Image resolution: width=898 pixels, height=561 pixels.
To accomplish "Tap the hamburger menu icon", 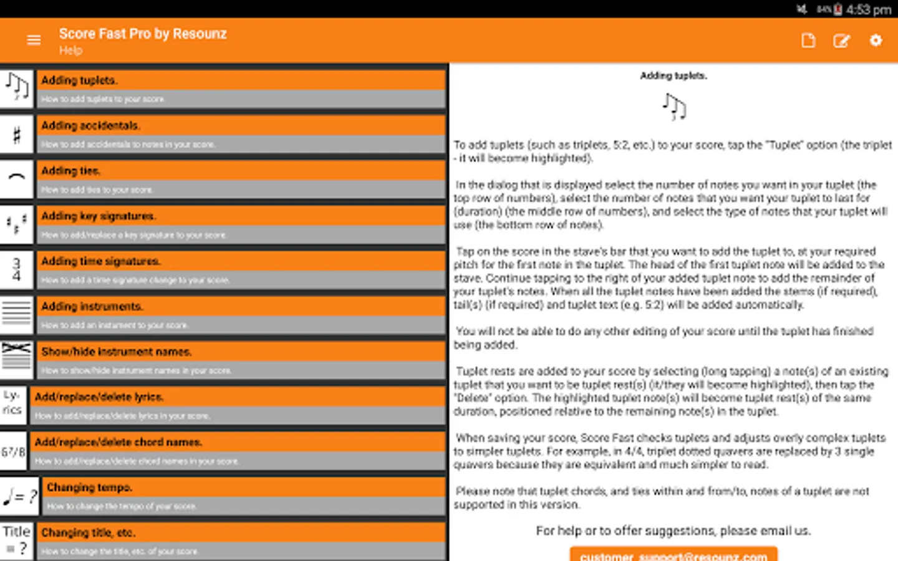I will coord(34,41).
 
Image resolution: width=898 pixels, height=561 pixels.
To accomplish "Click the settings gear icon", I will coord(876,41).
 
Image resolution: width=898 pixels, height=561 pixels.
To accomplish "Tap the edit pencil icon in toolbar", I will coord(841,41).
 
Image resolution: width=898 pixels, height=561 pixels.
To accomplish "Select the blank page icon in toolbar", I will coord(808,41).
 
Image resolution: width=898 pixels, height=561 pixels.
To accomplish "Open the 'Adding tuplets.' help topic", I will coord(79,80).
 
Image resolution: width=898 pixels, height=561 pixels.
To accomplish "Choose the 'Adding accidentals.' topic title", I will coord(90,126).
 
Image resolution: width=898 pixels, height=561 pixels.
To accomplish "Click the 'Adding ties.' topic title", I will coord(70,171).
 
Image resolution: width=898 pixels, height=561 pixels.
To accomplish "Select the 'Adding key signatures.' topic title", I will coord(99,216).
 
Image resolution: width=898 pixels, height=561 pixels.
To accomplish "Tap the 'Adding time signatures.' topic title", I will coord(100,261).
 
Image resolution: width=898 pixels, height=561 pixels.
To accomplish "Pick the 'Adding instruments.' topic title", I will coord(92,307).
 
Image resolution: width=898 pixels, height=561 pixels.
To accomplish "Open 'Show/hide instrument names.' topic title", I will coord(116,352).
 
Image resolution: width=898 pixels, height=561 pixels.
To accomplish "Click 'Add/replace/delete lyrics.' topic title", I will coord(99,397).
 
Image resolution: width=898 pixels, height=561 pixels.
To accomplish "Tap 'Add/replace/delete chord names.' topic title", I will coord(118,442).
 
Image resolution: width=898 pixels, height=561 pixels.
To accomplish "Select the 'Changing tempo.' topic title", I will coord(89,487).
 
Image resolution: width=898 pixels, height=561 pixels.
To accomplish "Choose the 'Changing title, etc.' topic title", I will coord(88,533).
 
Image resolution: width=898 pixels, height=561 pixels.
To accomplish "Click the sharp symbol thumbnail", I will coord(17,135).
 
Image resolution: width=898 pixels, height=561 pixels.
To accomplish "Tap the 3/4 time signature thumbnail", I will coord(17,269).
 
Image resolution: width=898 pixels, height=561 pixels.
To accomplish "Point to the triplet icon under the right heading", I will coord(673,107).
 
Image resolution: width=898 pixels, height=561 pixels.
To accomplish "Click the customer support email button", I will coord(673,555).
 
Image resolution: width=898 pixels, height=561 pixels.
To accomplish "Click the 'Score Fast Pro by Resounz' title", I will coord(143,34).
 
